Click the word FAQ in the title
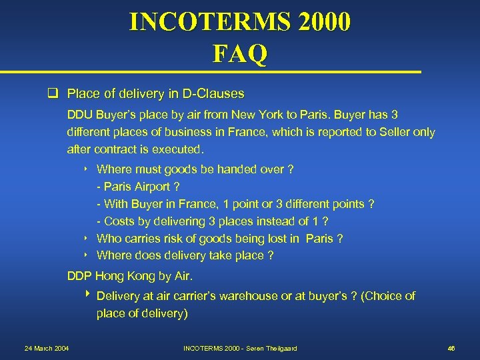coord(240,53)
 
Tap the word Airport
coord(153,187)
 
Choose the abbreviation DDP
coord(80,276)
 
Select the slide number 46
coord(451,348)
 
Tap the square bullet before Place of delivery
coord(57,93)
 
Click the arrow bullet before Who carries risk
coord(87,239)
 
